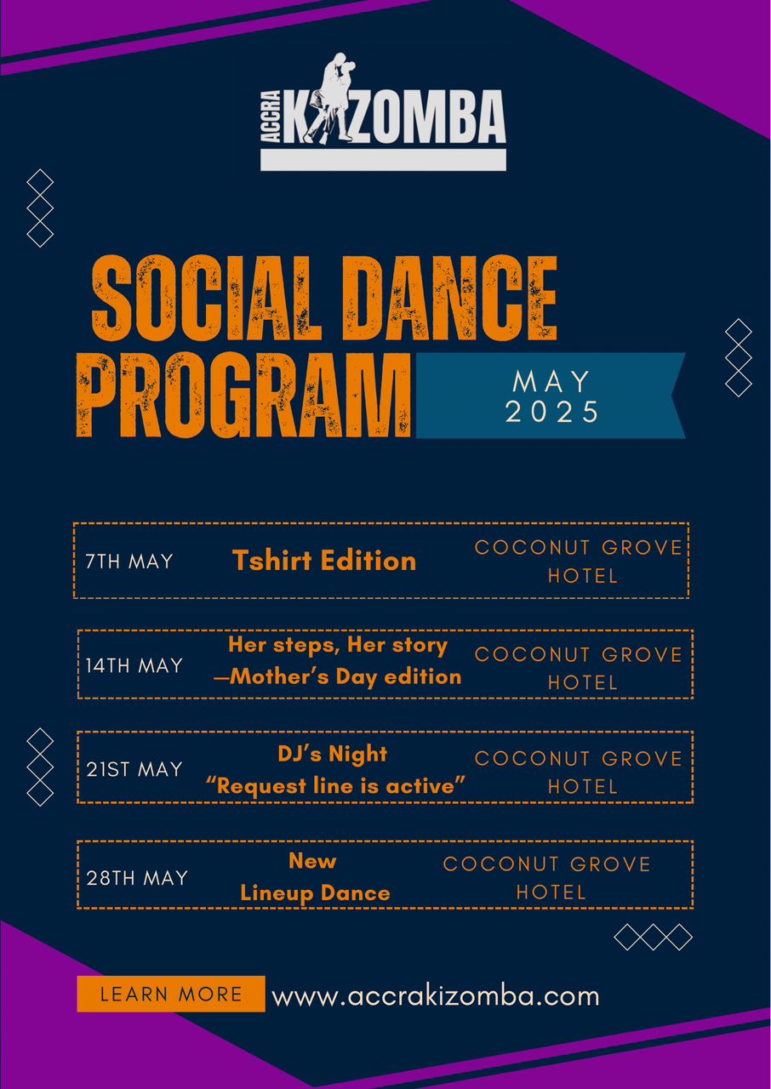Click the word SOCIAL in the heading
207,298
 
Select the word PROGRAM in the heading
244,396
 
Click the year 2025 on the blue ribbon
551,412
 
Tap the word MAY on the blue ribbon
551,382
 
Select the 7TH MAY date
129,562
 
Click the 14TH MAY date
134,665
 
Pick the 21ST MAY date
134,770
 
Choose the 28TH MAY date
137,878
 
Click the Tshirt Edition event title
324,561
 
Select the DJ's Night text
333,754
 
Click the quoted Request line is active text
335,786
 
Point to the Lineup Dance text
315,893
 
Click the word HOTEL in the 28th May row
551,892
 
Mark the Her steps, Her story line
338,646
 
